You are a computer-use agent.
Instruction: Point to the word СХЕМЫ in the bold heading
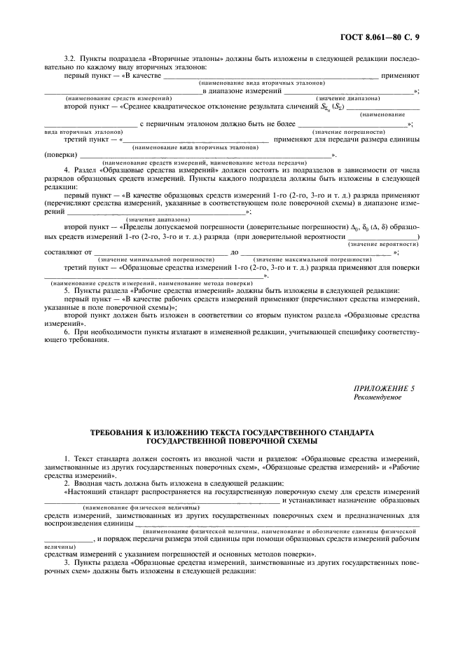click(302, 441)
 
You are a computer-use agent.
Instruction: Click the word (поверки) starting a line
click(60, 155)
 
